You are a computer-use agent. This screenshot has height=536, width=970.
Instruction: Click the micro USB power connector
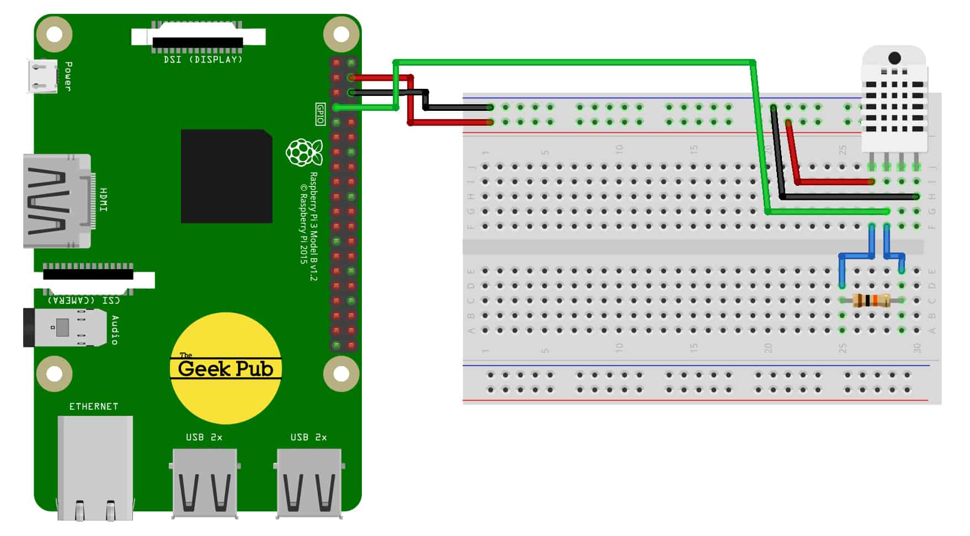click(42, 76)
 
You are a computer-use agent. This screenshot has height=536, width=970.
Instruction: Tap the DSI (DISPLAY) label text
click(203, 60)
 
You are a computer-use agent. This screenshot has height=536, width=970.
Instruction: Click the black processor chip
click(226, 176)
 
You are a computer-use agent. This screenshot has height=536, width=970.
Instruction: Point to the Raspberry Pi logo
click(303, 152)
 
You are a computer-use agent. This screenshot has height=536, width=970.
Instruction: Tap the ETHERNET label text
click(93, 406)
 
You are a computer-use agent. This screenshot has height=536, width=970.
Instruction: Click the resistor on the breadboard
click(871, 301)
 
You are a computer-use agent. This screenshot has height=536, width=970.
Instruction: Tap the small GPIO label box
click(320, 114)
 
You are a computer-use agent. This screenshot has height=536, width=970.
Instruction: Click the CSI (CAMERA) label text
click(84, 300)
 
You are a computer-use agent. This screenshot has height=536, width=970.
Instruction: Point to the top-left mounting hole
click(54, 34)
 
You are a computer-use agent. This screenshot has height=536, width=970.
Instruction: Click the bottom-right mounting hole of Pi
click(341, 374)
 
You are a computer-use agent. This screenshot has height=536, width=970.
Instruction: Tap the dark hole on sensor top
click(894, 58)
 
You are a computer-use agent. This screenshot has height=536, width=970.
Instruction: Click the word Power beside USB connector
click(68, 76)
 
